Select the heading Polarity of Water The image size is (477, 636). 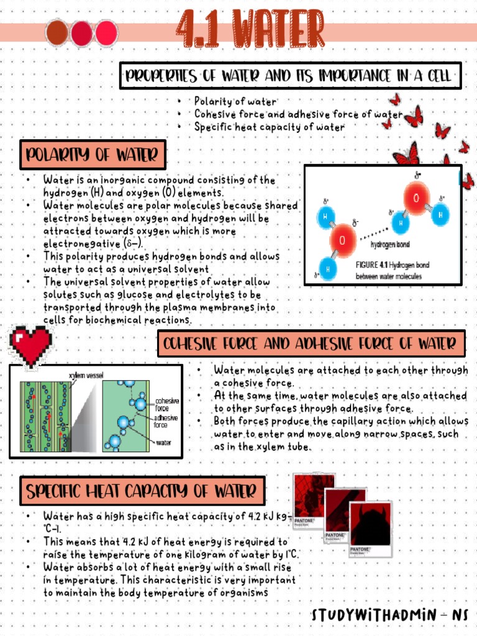93,155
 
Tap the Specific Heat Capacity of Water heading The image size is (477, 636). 142,492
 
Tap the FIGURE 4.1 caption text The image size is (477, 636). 392,270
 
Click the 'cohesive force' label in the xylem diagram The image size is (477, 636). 166,404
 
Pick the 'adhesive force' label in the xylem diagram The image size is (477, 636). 166,422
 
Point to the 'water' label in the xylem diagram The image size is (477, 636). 164,443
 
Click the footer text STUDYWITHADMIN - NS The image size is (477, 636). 390,616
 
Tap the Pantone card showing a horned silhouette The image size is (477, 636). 371,528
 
